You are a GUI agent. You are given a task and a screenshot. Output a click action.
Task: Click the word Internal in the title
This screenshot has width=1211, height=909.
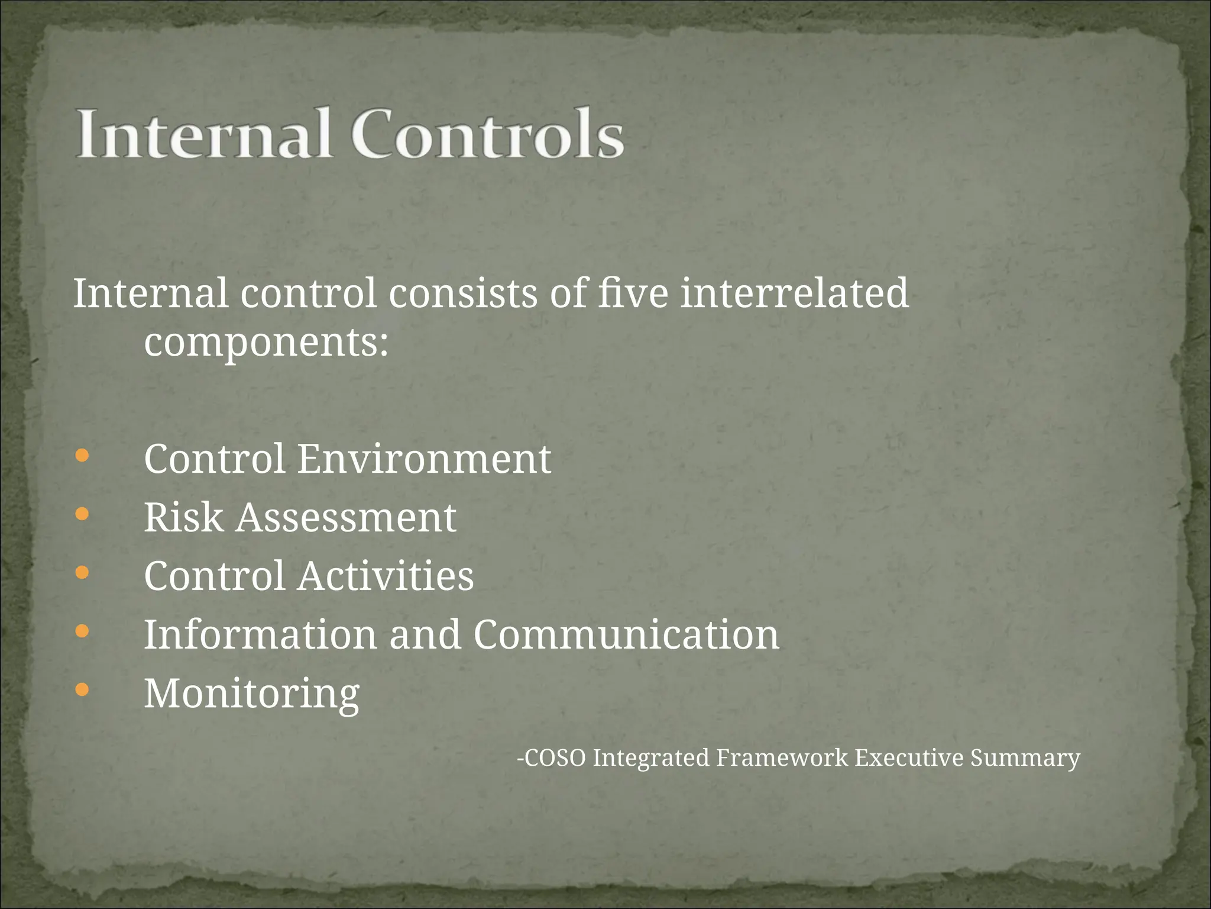coord(202,134)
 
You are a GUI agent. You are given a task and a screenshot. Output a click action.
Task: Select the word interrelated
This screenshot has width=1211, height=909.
coord(794,294)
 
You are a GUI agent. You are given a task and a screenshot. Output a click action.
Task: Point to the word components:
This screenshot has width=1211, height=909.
coord(267,343)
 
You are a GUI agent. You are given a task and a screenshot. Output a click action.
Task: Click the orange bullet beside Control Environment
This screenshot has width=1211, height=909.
coord(82,456)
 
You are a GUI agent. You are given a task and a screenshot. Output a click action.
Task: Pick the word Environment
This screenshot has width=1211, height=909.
coord(424,459)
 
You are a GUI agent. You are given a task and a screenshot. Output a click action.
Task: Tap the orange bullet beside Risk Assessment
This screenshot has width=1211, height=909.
coord(82,514)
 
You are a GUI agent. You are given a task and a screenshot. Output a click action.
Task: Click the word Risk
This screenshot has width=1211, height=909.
coord(183,518)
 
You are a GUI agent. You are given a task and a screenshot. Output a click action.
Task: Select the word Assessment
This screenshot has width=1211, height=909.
coord(347,518)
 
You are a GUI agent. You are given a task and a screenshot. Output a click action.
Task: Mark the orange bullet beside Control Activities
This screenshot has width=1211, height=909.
coord(82,572)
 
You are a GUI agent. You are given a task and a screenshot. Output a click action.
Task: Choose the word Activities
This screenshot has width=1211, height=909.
coord(386,576)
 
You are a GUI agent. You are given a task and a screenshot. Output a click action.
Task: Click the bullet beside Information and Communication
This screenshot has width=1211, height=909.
coord(82,631)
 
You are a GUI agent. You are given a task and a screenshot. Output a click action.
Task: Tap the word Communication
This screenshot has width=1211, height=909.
coord(626,634)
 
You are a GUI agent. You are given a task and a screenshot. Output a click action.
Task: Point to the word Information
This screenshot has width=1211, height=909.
coord(260,634)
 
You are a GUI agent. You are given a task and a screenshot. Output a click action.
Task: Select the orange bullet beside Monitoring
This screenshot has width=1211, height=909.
coord(82,689)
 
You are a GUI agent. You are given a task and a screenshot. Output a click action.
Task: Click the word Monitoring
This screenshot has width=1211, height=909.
coord(252,694)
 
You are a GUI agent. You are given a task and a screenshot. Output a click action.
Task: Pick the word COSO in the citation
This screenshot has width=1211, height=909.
coord(555,758)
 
